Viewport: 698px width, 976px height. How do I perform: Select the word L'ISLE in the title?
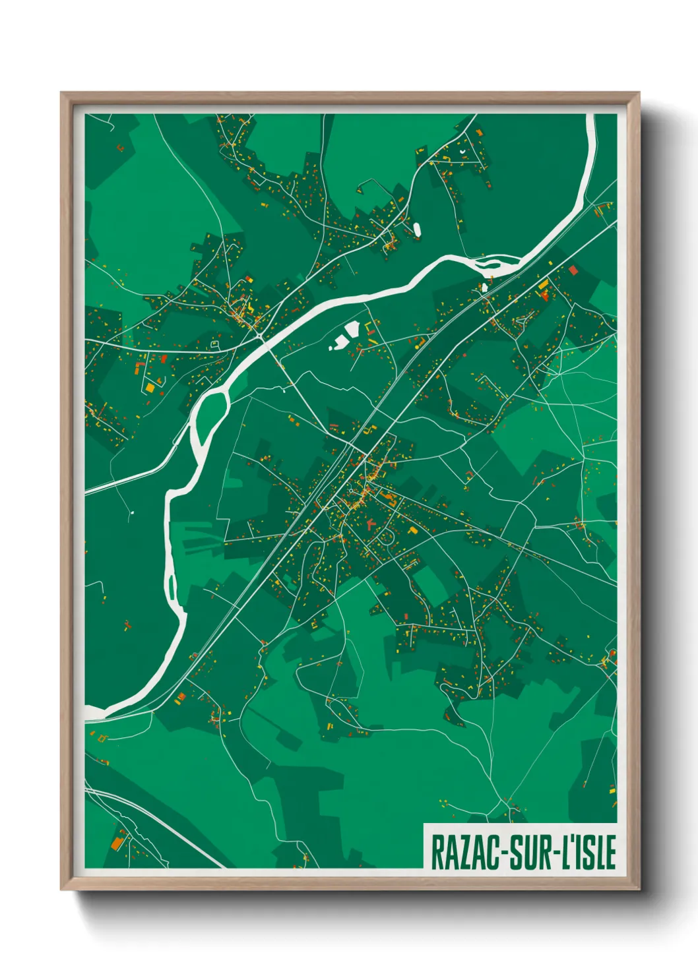tap(588, 852)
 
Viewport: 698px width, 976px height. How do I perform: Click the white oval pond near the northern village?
tap(417, 229)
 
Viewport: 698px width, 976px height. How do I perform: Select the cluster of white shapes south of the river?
tap(344, 335)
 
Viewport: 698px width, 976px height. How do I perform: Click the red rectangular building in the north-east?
tap(573, 270)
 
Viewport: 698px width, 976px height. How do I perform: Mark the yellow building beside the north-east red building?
tap(544, 285)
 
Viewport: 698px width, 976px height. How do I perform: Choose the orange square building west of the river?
tap(150, 388)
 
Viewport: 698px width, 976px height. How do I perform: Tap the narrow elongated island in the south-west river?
tap(172, 587)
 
